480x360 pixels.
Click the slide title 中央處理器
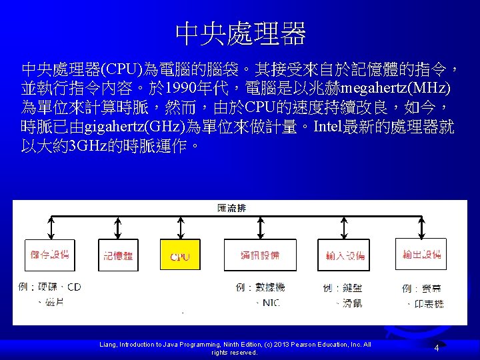click(x=240, y=32)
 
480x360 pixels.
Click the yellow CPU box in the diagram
click(x=180, y=255)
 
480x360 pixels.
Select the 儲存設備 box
click(x=49, y=255)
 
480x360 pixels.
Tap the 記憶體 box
click(x=118, y=255)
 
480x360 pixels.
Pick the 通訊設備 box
click(x=260, y=255)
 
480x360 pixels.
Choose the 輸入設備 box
click(x=345, y=255)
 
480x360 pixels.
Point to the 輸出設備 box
click(x=421, y=255)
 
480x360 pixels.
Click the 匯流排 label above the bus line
click(x=232, y=208)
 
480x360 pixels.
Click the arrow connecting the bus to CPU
click(x=180, y=227)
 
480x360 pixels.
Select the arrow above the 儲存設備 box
click(x=49, y=227)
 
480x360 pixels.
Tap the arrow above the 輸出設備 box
click(x=421, y=227)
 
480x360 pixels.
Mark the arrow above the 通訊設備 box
click(x=260, y=227)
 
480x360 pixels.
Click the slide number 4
click(x=436, y=348)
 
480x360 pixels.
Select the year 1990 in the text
click(x=180, y=89)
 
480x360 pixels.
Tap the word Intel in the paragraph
click(x=338, y=127)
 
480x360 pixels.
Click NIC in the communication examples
click(x=271, y=303)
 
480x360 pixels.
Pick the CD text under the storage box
click(x=73, y=287)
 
